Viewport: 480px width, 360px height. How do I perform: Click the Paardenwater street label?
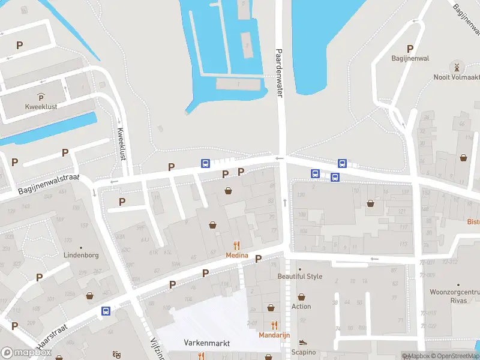tap(278, 73)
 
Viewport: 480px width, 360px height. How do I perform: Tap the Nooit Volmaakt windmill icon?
tap(457, 66)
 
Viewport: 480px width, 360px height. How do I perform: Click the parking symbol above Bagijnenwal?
tap(410, 49)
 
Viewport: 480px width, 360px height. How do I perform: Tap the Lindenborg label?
tap(81, 254)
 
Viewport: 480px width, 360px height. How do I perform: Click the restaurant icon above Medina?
tap(237, 245)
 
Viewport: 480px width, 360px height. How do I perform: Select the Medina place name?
tap(237, 255)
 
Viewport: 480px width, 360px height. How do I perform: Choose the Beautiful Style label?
tap(299, 277)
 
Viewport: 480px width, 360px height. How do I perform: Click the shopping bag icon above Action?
tap(301, 296)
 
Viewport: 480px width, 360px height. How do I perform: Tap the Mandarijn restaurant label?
tap(274, 335)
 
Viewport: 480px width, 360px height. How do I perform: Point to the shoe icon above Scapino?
tap(303, 343)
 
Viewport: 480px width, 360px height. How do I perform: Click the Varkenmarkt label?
tap(206, 343)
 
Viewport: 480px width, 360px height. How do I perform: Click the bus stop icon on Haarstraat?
tap(106, 311)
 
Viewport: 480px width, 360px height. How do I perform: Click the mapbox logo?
tap(26, 353)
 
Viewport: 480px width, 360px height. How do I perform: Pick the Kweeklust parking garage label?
tap(41, 106)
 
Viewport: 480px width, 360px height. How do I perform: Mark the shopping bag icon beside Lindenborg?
tap(90, 296)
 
